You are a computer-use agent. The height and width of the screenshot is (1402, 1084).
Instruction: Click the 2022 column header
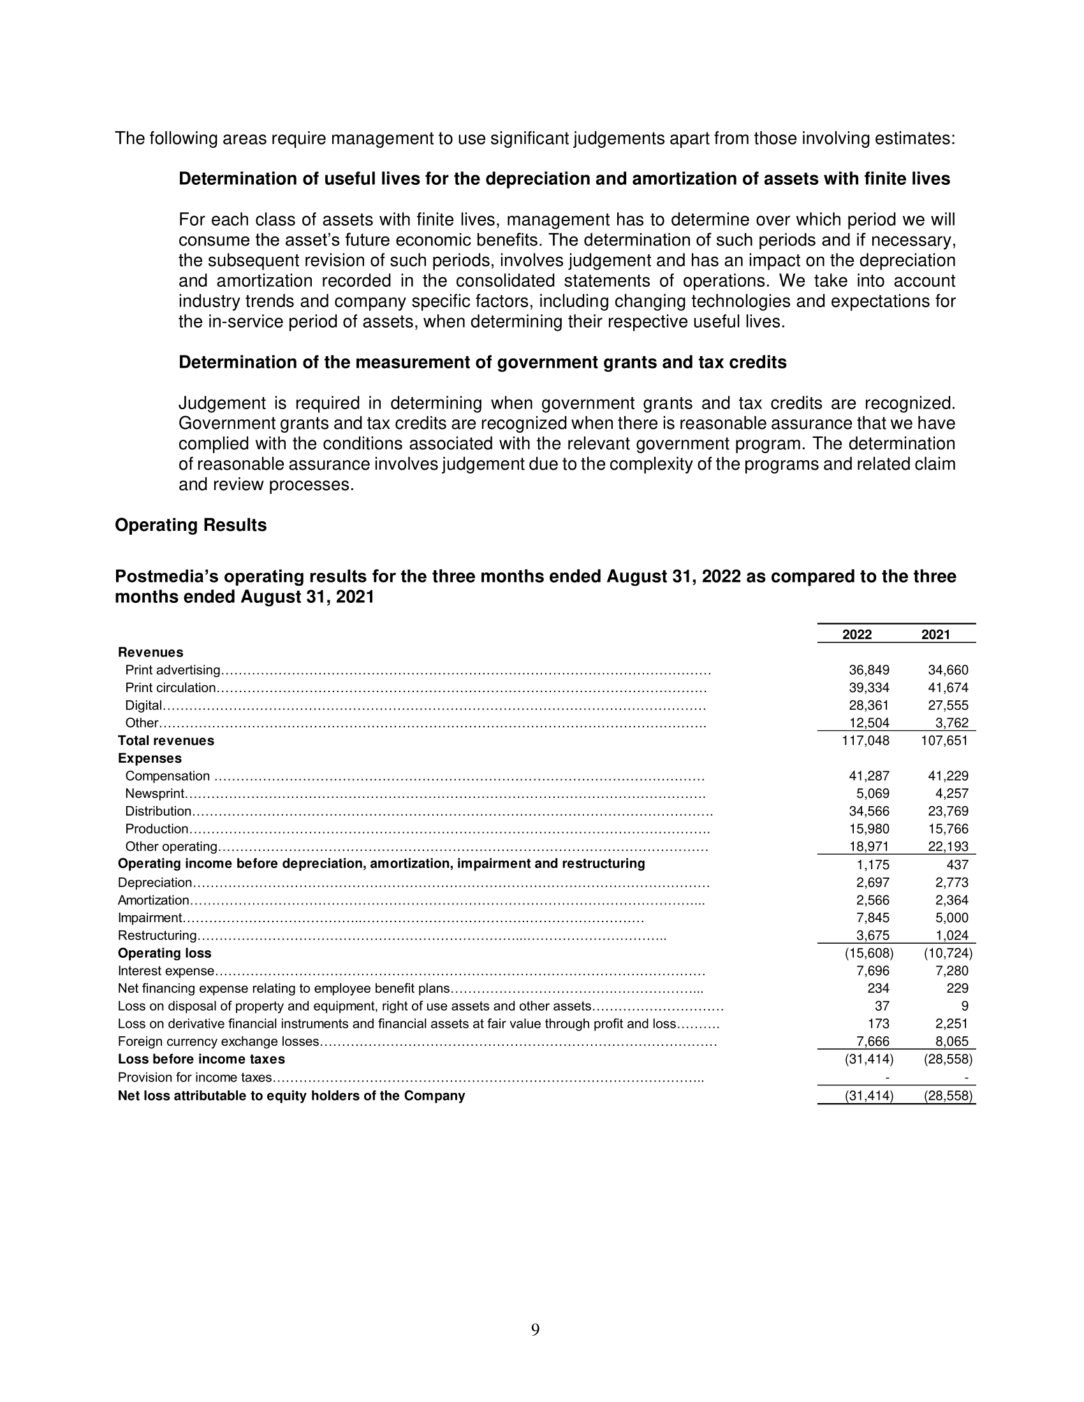(x=856, y=634)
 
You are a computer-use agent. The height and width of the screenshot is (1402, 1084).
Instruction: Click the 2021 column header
(x=935, y=634)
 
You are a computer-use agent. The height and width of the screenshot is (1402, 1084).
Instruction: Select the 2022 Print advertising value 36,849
(x=869, y=670)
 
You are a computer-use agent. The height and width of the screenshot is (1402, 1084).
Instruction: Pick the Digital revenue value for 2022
(x=869, y=705)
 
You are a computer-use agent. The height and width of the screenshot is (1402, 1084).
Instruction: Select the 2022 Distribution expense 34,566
(x=869, y=811)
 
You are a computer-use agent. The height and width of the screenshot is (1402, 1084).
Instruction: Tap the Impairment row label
(x=150, y=918)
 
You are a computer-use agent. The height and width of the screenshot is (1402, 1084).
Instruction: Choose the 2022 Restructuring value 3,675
(x=873, y=936)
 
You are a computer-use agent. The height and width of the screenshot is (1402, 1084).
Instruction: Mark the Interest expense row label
(x=166, y=971)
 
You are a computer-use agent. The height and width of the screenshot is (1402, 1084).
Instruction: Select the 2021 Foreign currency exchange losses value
(x=952, y=1041)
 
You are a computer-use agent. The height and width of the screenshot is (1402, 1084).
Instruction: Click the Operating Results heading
(x=191, y=525)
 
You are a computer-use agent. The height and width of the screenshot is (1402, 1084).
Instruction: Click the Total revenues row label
(x=166, y=741)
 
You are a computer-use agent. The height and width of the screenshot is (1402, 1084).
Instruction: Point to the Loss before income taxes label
(x=201, y=1059)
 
